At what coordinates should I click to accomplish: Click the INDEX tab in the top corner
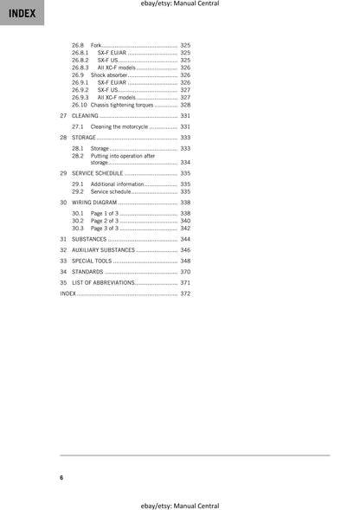[x=22, y=13]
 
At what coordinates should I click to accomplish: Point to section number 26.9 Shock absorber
[x=78, y=75]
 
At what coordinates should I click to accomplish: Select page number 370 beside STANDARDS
[x=185, y=272]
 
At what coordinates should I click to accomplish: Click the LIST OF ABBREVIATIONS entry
[x=103, y=282]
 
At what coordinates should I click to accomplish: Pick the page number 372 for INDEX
[x=185, y=294]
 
